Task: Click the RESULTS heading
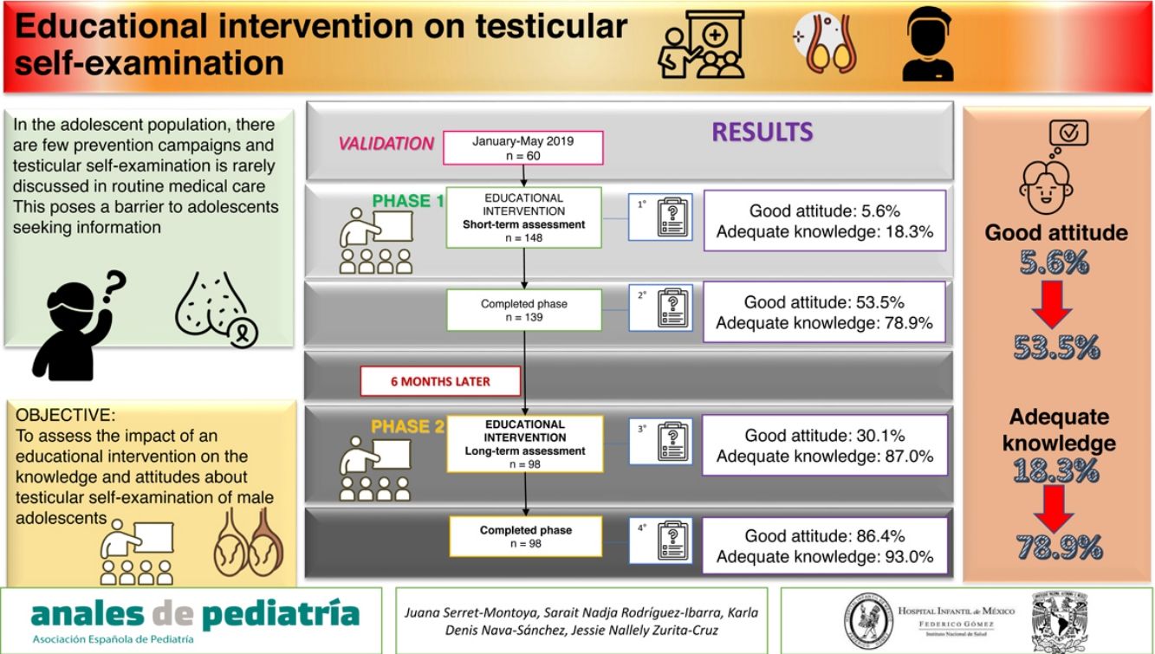(762, 132)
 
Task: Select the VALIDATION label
(386, 144)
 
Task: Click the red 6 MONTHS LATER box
(440, 380)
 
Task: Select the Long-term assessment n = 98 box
(524, 444)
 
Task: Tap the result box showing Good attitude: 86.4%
(824, 547)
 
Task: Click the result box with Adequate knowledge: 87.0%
(824, 445)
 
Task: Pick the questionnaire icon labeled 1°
(662, 217)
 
